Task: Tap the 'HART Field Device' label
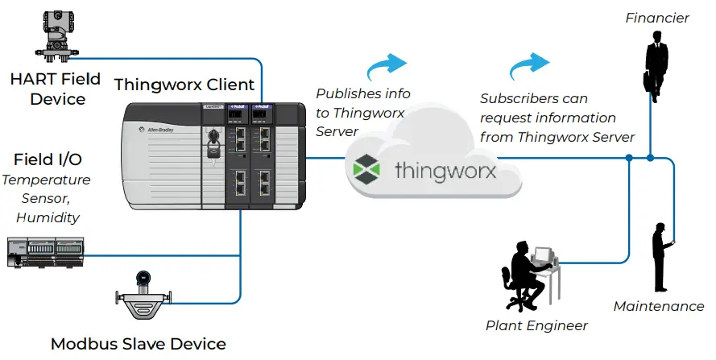pyautogui.click(x=55, y=89)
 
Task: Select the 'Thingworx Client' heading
pyautogui.click(x=184, y=85)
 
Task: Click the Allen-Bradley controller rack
pyautogui.click(x=214, y=157)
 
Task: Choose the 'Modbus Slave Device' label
pyautogui.click(x=139, y=344)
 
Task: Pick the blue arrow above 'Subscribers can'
pyautogui.click(x=531, y=64)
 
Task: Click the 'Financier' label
pyautogui.click(x=657, y=18)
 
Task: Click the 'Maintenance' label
pyautogui.click(x=659, y=306)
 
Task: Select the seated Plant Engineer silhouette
pyautogui.click(x=528, y=274)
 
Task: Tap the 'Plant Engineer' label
pyautogui.click(x=536, y=325)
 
